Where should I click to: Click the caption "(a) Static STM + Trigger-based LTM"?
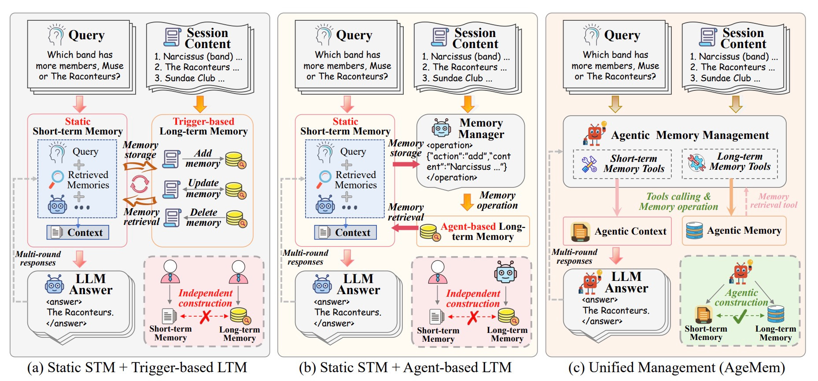[x=137, y=367]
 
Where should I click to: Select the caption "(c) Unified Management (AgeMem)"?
[x=676, y=367]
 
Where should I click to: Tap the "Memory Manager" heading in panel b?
[x=481, y=128]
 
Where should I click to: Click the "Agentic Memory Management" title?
[x=690, y=135]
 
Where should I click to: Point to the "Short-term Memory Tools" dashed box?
[x=622, y=164]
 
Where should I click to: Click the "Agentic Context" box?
[x=617, y=232]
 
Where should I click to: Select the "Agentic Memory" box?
[x=734, y=231]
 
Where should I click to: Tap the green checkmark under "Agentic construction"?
[x=741, y=316]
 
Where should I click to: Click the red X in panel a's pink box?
[x=205, y=316]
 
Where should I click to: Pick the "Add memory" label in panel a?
[x=203, y=158]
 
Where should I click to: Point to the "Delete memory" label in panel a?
[x=203, y=217]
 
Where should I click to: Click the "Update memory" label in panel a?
[x=203, y=188]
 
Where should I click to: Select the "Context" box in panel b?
[x=346, y=232]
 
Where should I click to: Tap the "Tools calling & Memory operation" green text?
[x=678, y=202]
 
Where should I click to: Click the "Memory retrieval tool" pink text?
[x=774, y=201]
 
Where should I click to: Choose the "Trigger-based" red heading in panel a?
[x=203, y=121]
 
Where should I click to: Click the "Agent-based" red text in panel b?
[x=468, y=227]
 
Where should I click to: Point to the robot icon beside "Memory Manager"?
[x=441, y=127]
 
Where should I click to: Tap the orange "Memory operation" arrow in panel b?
[x=467, y=202]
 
